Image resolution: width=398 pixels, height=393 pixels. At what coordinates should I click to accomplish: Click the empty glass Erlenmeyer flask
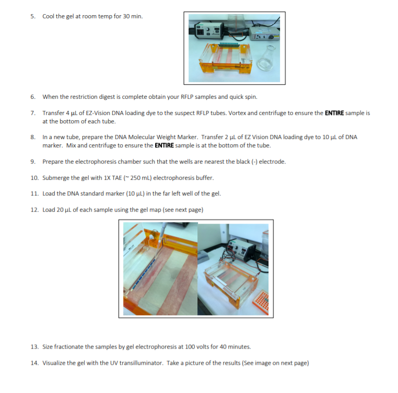pyautogui.click(x=266, y=58)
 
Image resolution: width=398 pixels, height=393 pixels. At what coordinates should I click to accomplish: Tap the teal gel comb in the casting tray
pyautogui.click(x=229, y=45)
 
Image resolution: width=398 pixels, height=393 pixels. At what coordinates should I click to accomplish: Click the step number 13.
pyautogui.click(x=34, y=347)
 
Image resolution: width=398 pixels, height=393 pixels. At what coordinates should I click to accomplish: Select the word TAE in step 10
pyautogui.click(x=117, y=178)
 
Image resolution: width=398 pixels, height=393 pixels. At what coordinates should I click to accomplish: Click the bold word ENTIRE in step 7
pyautogui.click(x=334, y=113)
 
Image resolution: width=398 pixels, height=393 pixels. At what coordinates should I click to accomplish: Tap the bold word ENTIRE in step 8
pyautogui.click(x=164, y=145)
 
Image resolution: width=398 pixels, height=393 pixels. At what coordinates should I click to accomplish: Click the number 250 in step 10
pyautogui.click(x=135, y=178)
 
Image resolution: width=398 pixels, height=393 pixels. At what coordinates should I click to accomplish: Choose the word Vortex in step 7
pyautogui.click(x=237, y=113)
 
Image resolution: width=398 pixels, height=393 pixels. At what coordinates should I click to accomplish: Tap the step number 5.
pyautogui.click(x=33, y=16)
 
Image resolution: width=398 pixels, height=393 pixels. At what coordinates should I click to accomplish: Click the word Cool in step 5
pyautogui.click(x=48, y=16)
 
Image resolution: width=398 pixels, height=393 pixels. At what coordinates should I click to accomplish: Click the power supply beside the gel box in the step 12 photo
pyautogui.click(x=242, y=249)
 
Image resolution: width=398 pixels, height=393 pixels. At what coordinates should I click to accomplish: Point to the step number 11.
pyautogui.click(x=34, y=193)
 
